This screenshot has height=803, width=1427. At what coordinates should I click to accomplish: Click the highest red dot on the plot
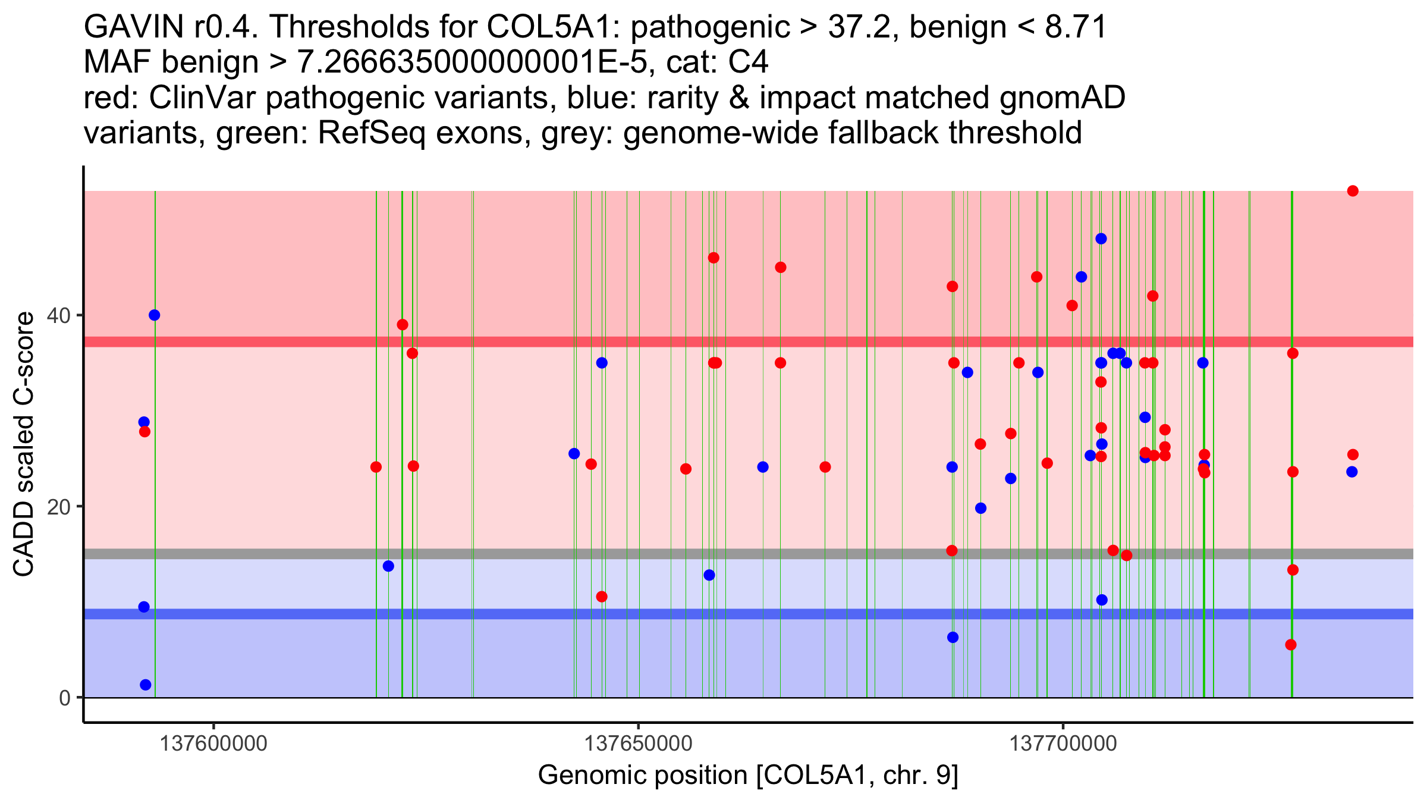coord(1353,191)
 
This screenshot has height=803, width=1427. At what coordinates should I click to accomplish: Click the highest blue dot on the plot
coord(1101,239)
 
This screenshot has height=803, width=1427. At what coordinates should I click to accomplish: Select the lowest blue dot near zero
coord(146,685)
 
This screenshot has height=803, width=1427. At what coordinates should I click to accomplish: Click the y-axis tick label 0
coord(65,698)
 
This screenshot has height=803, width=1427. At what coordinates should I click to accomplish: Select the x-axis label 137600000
coord(213,744)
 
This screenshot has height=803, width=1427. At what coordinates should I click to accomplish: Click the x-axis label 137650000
coord(639,744)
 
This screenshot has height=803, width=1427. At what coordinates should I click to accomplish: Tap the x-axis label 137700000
coord(1063,744)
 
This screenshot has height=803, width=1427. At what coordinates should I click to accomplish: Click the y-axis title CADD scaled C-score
coord(24,444)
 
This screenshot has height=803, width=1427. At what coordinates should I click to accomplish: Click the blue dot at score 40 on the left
coord(155,315)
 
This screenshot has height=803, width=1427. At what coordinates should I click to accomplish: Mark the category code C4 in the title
coord(749,62)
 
